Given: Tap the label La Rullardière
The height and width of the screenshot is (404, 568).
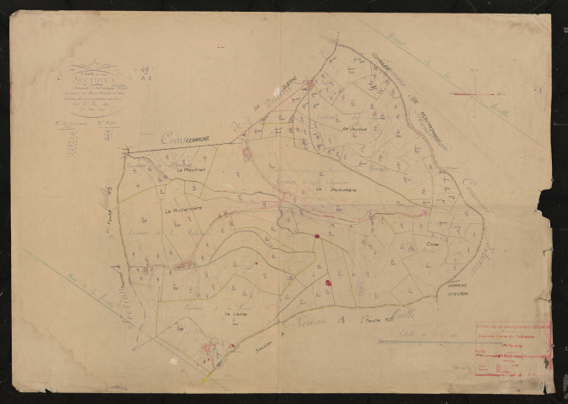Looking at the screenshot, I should point(179,210).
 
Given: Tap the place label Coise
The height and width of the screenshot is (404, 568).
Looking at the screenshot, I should point(433,245).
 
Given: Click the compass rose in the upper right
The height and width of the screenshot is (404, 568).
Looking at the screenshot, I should point(475,93).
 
